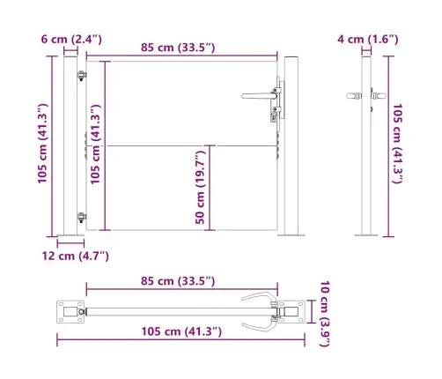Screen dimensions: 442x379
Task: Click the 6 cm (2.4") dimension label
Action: pos(71,39)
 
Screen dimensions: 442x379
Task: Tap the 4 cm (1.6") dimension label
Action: pos(368,39)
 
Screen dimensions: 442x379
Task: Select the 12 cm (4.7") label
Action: pos(76,256)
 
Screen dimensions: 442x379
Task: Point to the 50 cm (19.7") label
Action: pos(201,188)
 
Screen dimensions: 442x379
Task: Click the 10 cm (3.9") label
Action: pos(325,314)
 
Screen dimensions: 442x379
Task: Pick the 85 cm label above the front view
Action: pos(178,48)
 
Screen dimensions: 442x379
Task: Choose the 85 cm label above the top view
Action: pos(178,281)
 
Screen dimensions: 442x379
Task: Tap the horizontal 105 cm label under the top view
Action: pos(181,331)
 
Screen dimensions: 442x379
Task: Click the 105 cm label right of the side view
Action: pos(397,144)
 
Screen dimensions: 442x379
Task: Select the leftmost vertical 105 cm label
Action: pos(43,144)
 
